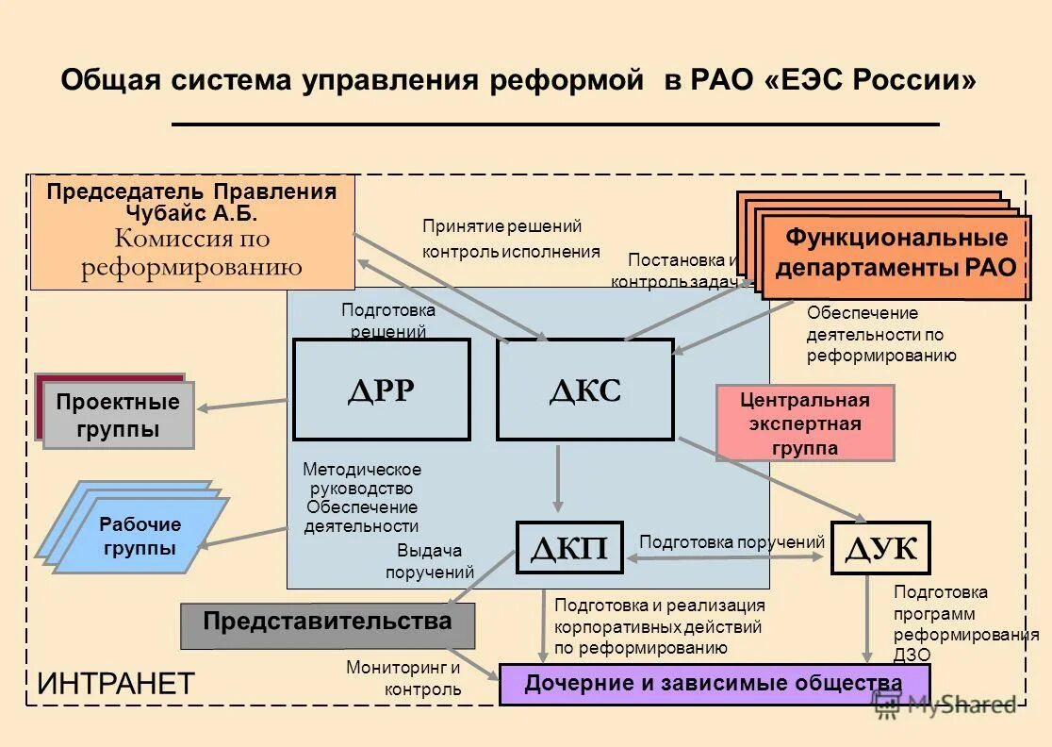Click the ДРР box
click(381, 390)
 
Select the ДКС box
click(584, 390)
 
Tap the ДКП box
click(569, 548)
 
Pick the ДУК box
click(880, 548)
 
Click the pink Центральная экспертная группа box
click(805, 423)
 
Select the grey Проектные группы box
click(118, 415)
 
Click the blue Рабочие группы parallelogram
click(140, 537)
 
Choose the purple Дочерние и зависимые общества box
click(714, 684)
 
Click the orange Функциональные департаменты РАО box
click(896, 252)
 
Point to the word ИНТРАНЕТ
click(115, 684)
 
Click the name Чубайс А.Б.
click(191, 213)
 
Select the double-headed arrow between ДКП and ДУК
click(726, 558)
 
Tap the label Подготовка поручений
click(731, 542)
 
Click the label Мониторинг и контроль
click(403, 678)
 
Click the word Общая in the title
click(110, 80)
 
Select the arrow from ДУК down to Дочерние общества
click(867, 618)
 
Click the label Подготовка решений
click(388, 321)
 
